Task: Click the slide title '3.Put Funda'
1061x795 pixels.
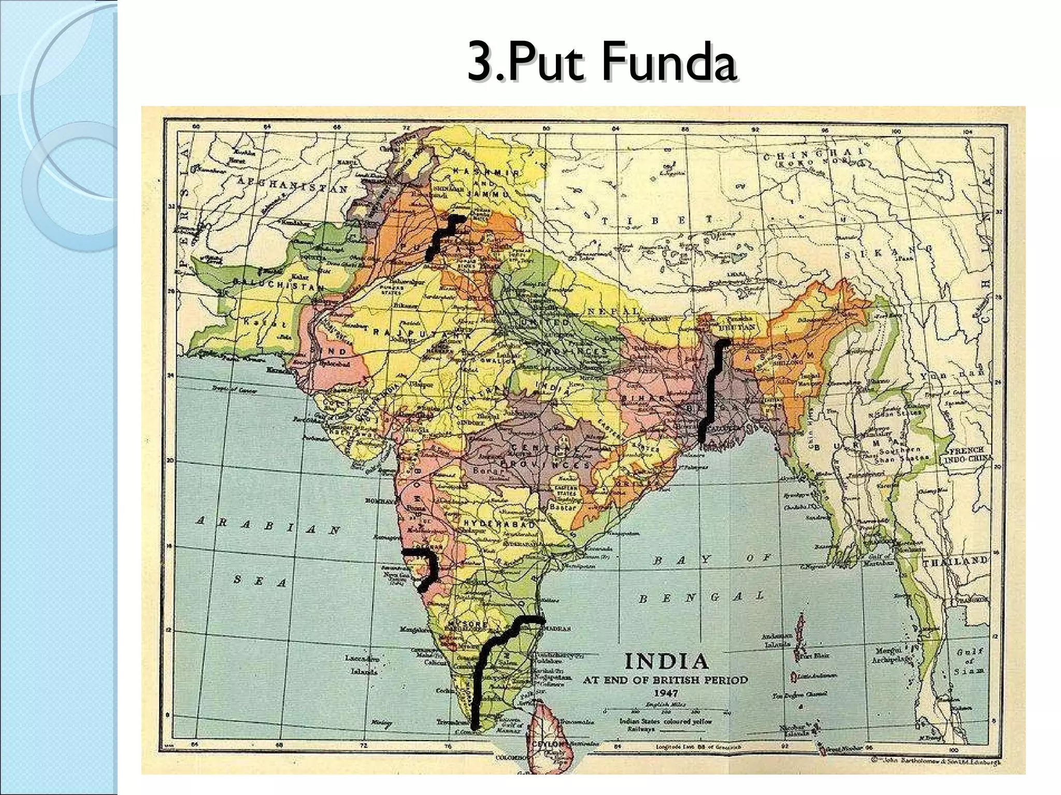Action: tap(601, 64)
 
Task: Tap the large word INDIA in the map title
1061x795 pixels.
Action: tap(666, 661)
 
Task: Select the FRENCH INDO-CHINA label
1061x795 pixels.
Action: tap(968, 454)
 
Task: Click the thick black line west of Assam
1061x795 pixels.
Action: tap(712, 388)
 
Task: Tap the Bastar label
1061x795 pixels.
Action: tap(565, 508)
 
